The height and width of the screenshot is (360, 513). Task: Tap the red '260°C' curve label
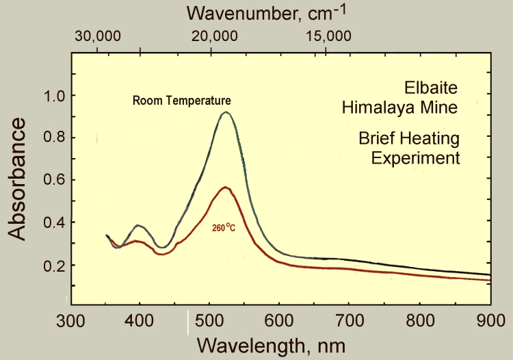pyautogui.click(x=223, y=222)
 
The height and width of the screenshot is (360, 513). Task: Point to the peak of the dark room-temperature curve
pyautogui.click(x=225, y=112)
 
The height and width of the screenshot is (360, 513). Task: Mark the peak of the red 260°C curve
pyautogui.click(x=224, y=187)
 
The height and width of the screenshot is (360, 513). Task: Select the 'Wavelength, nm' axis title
pyautogui.click(x=267, y=343)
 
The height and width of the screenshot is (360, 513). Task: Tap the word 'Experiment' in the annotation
pyautogui.click(x=415, y=158)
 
